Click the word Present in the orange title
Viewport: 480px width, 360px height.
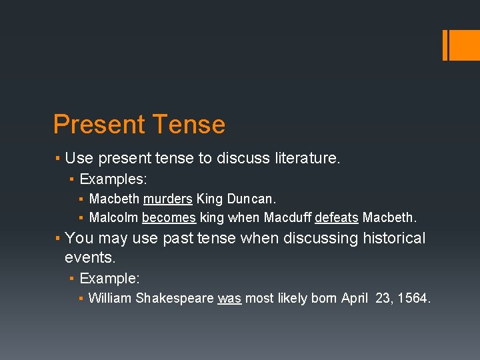tap(99, 125)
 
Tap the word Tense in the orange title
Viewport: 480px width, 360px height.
tap(189, 125)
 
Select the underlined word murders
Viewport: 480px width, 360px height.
tap(167, 199)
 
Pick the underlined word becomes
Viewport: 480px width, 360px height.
tap(168, 217)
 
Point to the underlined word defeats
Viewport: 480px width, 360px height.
tap(337, 217)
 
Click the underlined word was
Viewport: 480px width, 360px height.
tap(229, 298)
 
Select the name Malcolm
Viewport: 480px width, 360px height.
tap(113, 217)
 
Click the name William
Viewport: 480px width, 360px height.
tap(110, 298)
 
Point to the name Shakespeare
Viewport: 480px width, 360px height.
tap(175, 298)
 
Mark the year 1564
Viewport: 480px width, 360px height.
tap(414, 298)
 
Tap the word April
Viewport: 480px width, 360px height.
tap(355, 298)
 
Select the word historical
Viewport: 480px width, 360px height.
tap(394, 238)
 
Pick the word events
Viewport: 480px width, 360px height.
tap(89, 257)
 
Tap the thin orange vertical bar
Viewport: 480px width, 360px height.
tap(445, 45)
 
